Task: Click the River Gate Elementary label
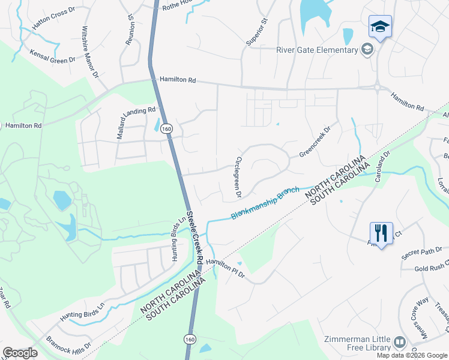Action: click(317, 50)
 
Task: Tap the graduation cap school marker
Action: click(379, 27)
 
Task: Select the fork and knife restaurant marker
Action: click(381, 232)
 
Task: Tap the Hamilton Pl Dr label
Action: click(225, 267)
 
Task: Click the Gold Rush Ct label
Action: click(431, 268)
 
